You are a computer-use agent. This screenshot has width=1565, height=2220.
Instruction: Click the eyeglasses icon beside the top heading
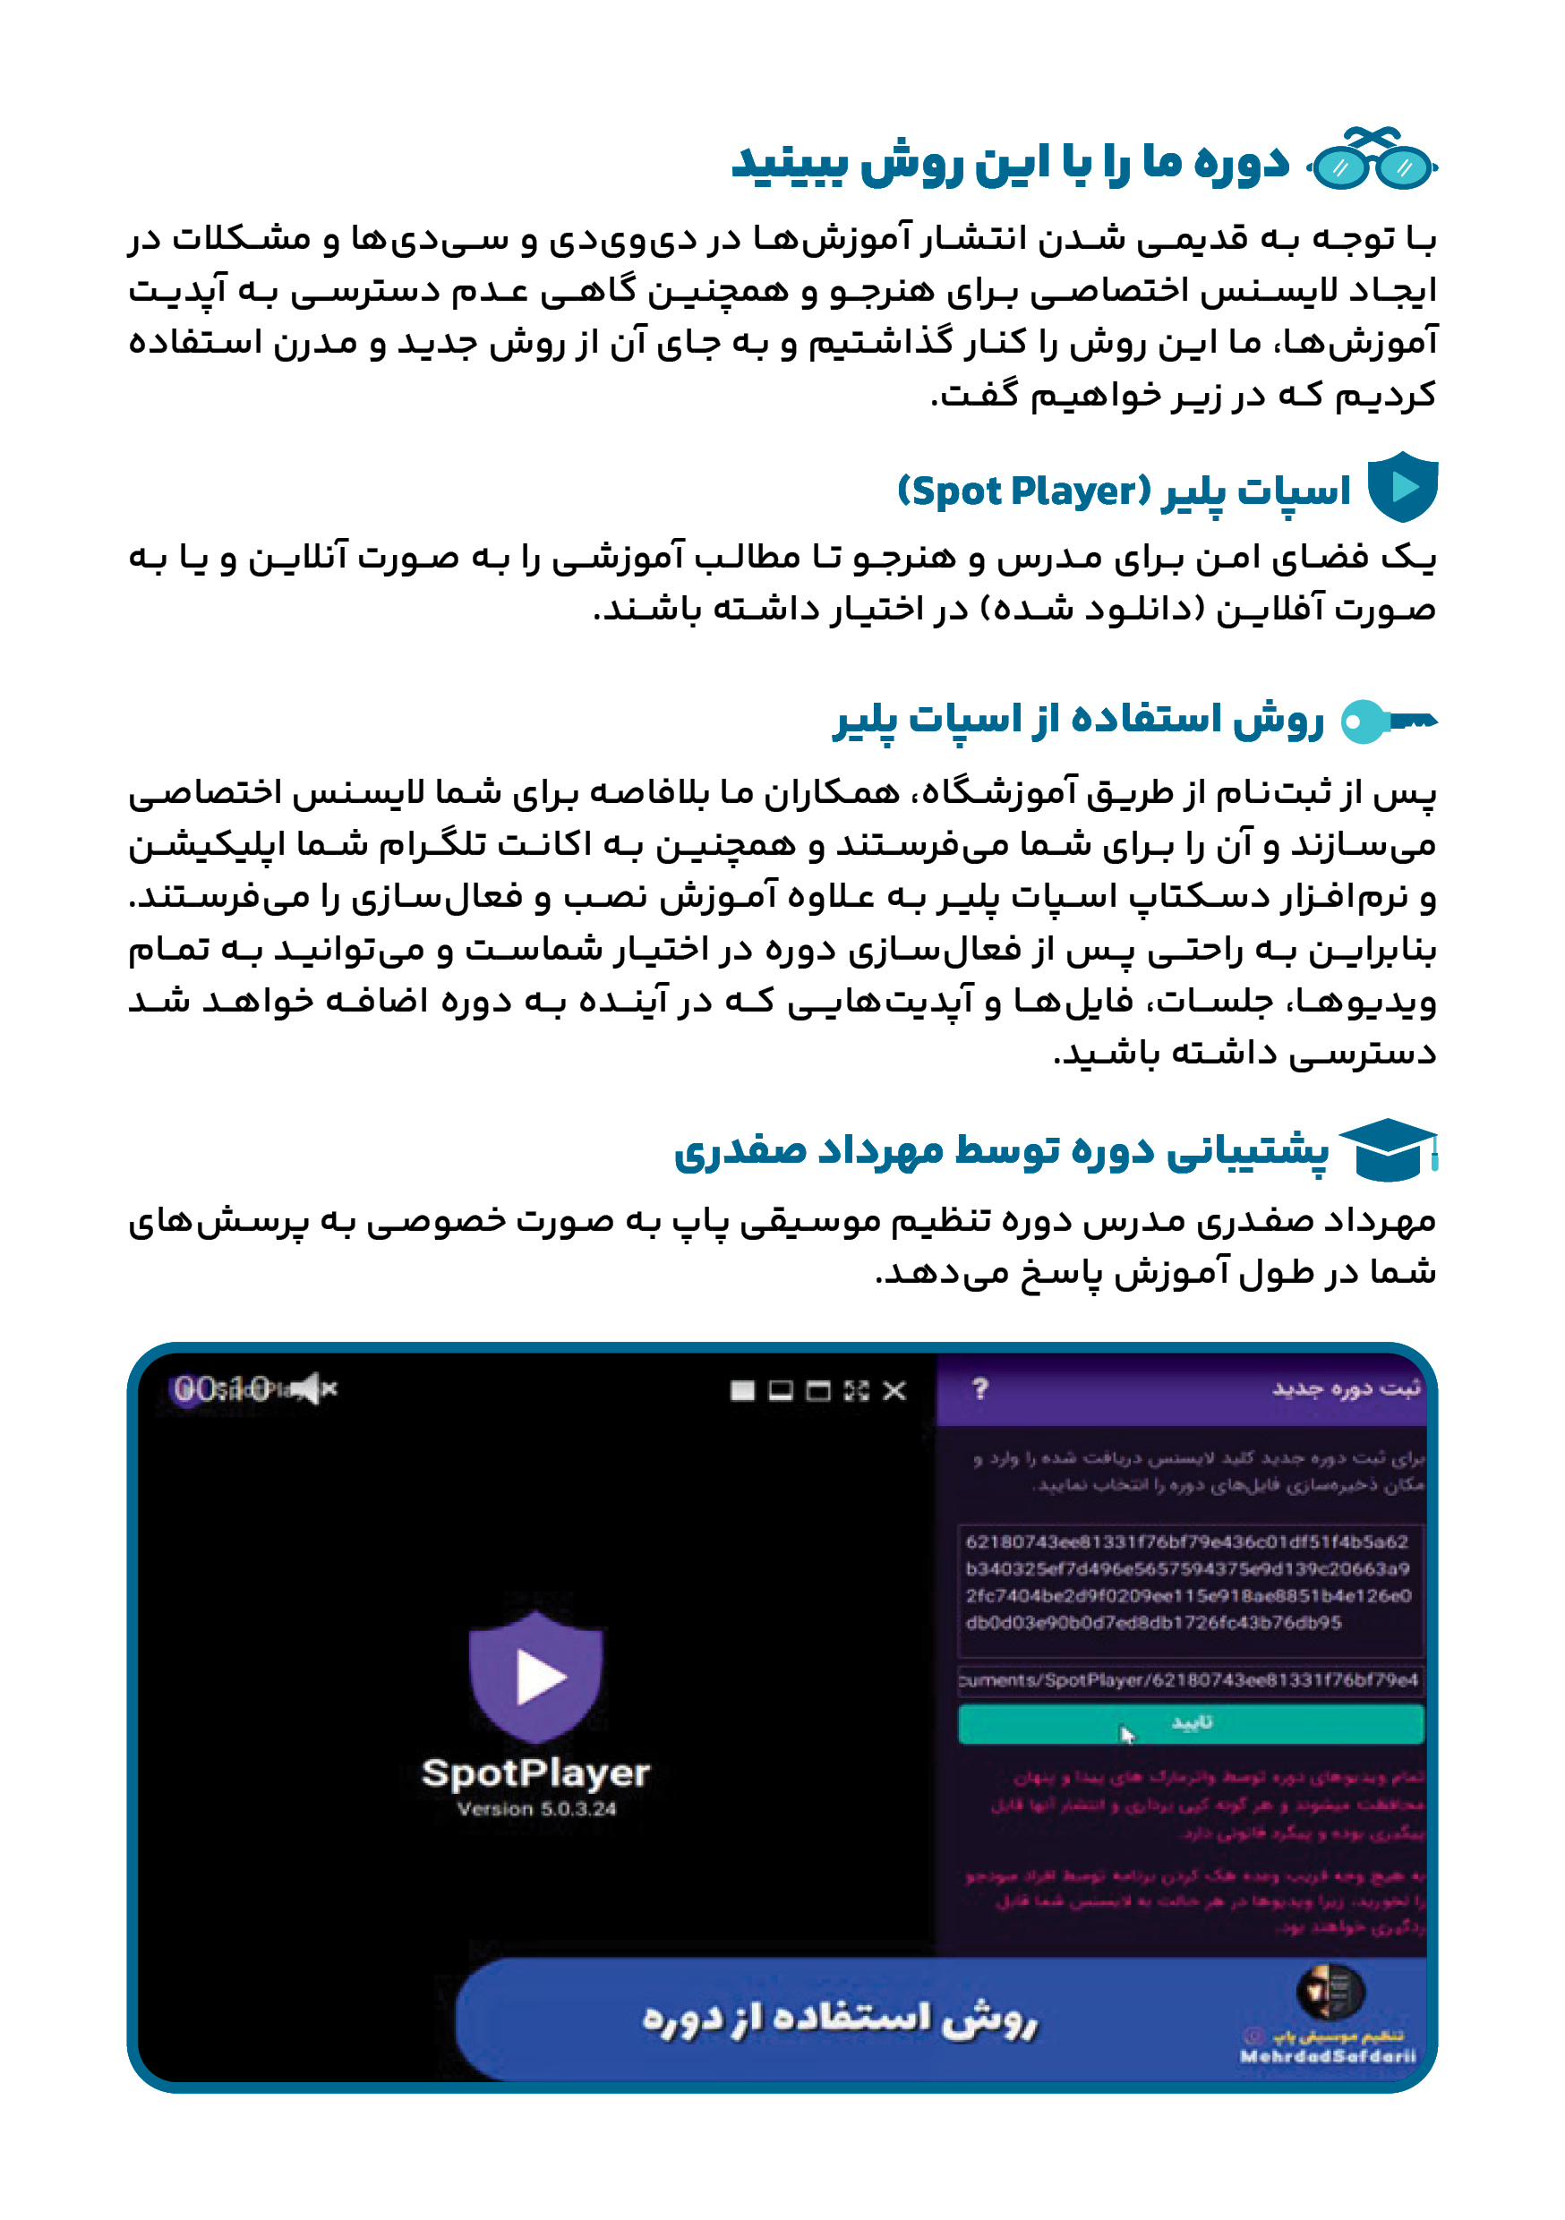pyautogui.click(x=1373, y=160)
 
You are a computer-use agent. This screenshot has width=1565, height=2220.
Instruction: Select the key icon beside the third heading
pyautogui.click(x=1389, y=721)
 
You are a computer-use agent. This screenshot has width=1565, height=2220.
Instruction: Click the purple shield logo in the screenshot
pyautogui.click(x=536, y=1676)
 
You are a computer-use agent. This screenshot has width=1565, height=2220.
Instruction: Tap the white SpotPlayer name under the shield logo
pyautogui.click(x=536, y=1773)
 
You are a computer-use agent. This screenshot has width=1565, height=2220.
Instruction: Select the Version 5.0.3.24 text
pyautogui.click(x=537, y=1809)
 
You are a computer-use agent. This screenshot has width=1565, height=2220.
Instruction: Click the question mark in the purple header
pyautogui.click(x=979, y=1388)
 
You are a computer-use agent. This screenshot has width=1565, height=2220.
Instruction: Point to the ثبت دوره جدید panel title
pyautogui.click(x=1346, y=1388)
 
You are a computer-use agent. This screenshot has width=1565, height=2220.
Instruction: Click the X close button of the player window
pyautogui.click(x=894, y=1390)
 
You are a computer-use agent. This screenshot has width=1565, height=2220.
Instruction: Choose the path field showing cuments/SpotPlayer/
pyautogui.click(x=1189, y=1679)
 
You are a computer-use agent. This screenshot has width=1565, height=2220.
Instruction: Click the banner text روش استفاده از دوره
pyautogui.click(x=840, y=2019)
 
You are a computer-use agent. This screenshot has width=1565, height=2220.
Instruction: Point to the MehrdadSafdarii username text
pyautogui.click(x=1327, y=2056)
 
